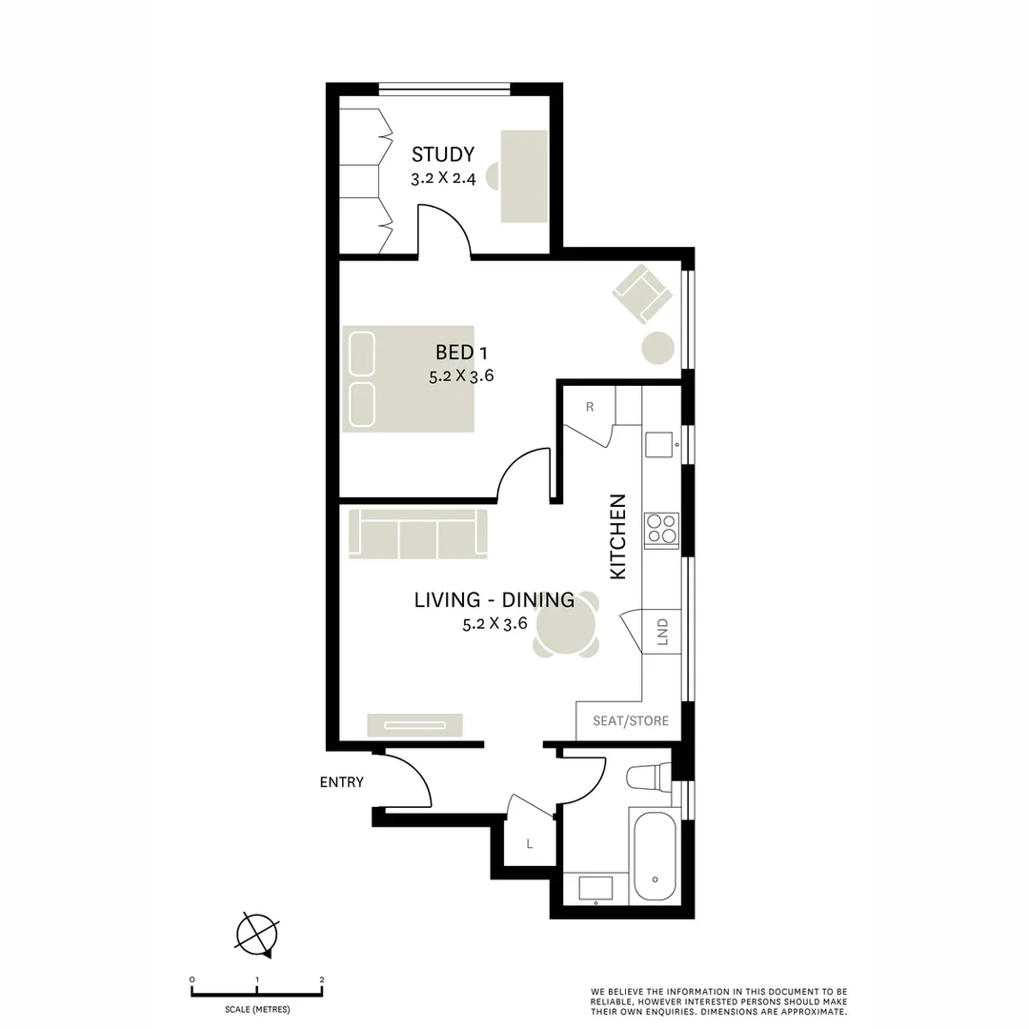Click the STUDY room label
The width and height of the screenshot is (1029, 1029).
point(442,154)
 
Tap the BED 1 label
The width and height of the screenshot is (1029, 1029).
point(461,353)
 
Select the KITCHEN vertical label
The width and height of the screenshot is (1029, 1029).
point(618,536)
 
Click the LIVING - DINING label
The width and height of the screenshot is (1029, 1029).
point(494,600)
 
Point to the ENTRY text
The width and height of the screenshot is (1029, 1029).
point(341,782)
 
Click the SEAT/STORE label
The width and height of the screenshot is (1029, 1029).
point(630,721)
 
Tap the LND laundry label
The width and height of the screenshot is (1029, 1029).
point(662,633)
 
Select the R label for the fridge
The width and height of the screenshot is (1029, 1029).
point(590,407)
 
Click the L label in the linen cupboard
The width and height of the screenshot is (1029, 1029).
point(529,844)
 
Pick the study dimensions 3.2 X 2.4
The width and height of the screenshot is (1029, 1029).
point(443,178)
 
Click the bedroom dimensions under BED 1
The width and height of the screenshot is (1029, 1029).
point(461,376)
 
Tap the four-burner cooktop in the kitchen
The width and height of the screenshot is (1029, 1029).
point(661,530)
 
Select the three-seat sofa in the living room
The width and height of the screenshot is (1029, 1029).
point(418,534)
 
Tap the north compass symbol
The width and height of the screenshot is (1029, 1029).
point(258,934)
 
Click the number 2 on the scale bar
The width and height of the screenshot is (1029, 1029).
point(322,980)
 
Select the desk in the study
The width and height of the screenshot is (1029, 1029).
point(525,176)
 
